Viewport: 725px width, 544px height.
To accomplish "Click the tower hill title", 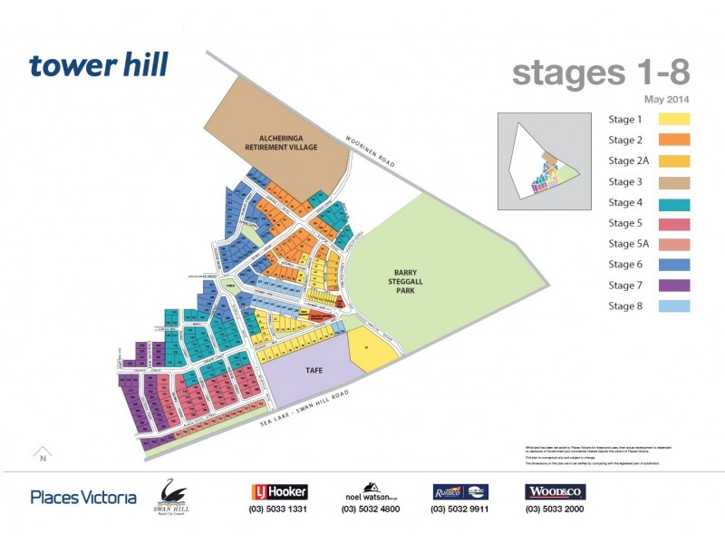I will [98, 65].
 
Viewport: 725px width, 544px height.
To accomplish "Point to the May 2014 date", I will [667, 99].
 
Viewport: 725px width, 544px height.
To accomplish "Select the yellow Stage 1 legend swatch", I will [673, 119].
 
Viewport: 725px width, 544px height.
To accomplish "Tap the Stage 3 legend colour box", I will [673, 181].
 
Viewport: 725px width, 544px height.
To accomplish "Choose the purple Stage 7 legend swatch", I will [673, 286].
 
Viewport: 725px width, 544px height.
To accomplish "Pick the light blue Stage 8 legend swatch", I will [673, 306].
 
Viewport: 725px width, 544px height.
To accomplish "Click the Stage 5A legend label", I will [628, 244].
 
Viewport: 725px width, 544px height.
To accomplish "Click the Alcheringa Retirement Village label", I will [277, 141].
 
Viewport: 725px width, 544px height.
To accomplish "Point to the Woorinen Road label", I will [372, 151].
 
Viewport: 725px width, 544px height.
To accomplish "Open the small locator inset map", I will [542, 161].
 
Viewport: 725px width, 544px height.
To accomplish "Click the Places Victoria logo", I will [83, 497].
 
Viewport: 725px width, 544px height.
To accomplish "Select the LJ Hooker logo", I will [279, 491].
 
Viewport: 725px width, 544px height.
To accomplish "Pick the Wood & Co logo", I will [555, 491].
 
